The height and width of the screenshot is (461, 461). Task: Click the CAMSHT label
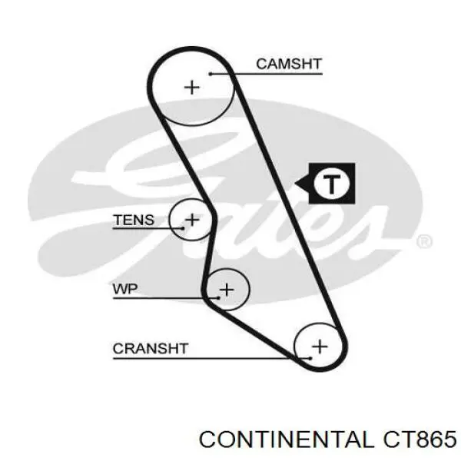click(290, 64)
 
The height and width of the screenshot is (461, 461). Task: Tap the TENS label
click(134, 220)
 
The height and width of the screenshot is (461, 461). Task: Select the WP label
click(125, 289)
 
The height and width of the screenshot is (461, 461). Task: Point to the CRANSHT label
click(151, 348)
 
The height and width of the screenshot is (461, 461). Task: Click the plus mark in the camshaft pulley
click(191, 88)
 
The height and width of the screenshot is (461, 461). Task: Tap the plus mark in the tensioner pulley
click(192, 220)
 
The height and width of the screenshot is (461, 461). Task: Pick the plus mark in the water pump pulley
click(227, 290)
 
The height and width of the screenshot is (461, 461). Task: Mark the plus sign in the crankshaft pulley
click(320, 347)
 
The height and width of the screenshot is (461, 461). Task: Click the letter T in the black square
click(332, 184)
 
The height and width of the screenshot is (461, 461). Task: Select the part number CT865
click(419, 439)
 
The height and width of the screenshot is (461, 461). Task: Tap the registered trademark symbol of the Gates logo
click(424, 242)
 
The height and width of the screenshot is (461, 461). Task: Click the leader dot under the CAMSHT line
click(211, 74)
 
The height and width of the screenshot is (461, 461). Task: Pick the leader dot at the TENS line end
click(183, 228)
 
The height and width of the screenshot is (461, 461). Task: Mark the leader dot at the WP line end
click(218, 298)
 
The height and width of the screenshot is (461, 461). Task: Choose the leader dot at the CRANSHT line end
click(310, 358)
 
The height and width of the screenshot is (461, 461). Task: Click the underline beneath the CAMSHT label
click(267, 74)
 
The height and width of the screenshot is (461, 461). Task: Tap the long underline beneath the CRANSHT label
click(212, 358)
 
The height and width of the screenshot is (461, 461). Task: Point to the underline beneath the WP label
click(166, 298)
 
